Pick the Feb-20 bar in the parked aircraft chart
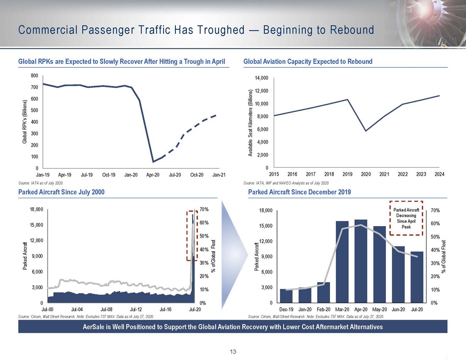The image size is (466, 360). click(x=324, y=292)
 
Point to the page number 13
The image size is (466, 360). click(x=233, y=352)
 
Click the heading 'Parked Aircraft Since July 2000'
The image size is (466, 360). click(x=61, y=192)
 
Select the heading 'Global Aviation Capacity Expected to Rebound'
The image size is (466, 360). click(x=308, y=62)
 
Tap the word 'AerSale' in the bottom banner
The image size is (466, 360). click(x=96, y=327)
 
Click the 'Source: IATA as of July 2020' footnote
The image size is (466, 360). click(x=41, y=183)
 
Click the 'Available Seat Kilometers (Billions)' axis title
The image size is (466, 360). click(x=250, y=123)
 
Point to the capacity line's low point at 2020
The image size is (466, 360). click(x=366, y=131)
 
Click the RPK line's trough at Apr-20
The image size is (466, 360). click(x=153, y=162)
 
